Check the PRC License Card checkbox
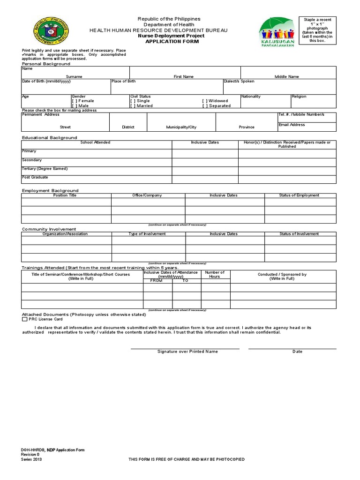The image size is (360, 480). click(x=25, y=319)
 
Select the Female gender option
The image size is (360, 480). click(x=74, y=101)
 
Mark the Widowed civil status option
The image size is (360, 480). click(x=205, y=101)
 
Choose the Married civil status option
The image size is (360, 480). click(x=133, y=106)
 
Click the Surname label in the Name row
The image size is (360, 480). click(x=74, y=76)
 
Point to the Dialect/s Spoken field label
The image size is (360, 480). click(x=239, y=81)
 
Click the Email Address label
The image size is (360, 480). click(x=292, y=125)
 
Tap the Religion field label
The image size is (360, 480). click(x=299, y=97)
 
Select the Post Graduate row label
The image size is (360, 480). click(x=35, y=178)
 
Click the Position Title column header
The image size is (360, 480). click(x=65, y=195)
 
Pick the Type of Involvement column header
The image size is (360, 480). click(x=147, y=233)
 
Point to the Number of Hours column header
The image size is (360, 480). click(x=215, y=274)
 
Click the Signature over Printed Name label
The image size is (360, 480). click(x=187, y=352)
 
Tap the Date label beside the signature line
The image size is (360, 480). click(x=297, y=352)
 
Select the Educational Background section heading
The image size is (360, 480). click(x=49, y=138)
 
